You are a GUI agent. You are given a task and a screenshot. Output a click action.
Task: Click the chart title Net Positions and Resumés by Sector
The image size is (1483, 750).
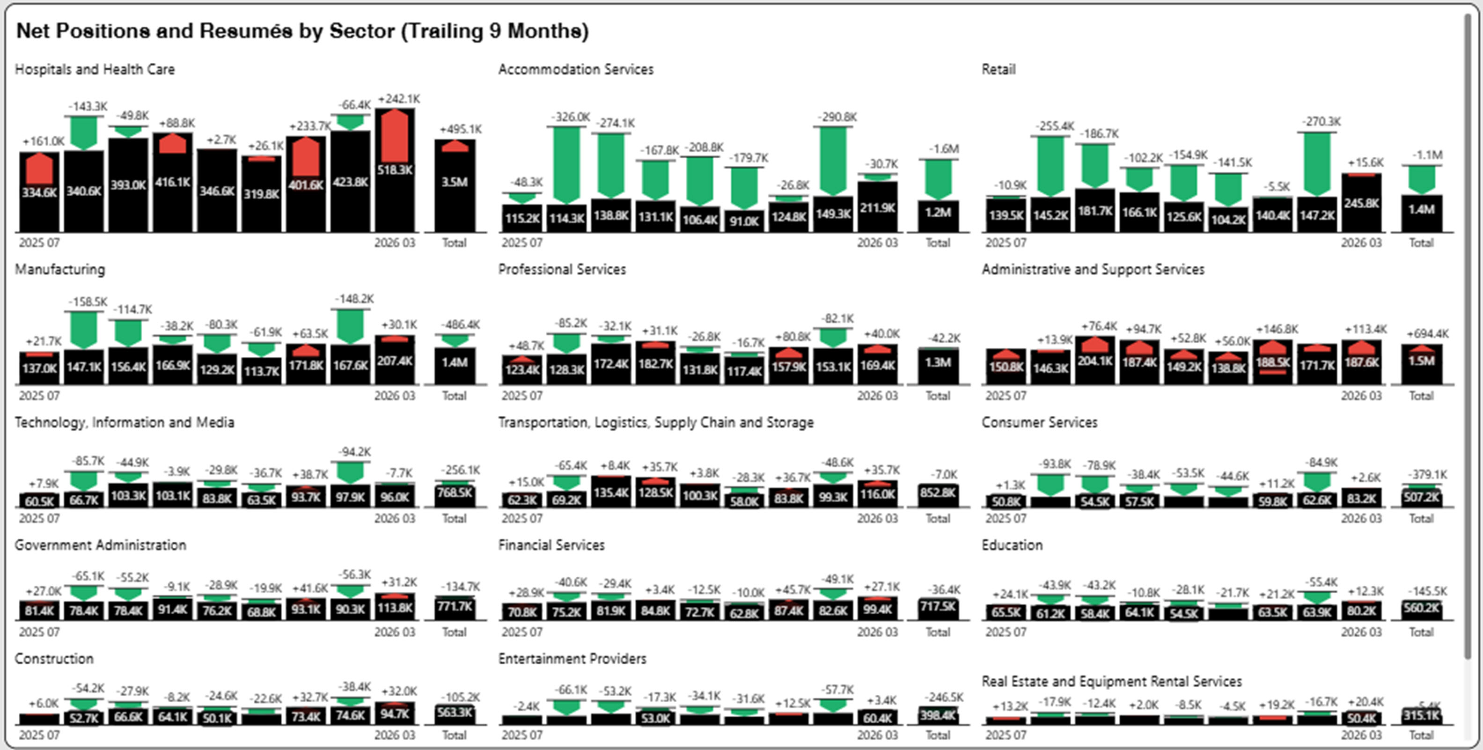pyautogui.click(x=302, y=30)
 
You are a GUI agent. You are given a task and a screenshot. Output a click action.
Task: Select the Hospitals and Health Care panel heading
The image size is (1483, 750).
pyautogui.click(x=95, y=69)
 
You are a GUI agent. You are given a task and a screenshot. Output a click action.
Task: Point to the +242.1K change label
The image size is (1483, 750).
pyautogui.click(x=399, y=99)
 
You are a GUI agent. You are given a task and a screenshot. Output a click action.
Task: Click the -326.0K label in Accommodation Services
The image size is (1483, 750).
pyautogui.click(x=571, y=117)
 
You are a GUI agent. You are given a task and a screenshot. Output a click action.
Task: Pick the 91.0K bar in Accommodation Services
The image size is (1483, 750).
pyautogui.click(x=744, y=221)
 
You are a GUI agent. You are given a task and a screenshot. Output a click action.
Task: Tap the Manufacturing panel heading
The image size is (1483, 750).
pyautogui.click(x=60, y=269)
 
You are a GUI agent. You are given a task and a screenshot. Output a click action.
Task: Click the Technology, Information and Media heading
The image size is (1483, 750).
pyautogui.click(x=125, y=422)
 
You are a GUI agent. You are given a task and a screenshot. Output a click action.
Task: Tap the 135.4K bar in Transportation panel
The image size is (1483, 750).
pyautogui.click(x=611, y=493)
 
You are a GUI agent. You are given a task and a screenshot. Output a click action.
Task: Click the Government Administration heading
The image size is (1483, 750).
pyautogui.click(x=100, y=545)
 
